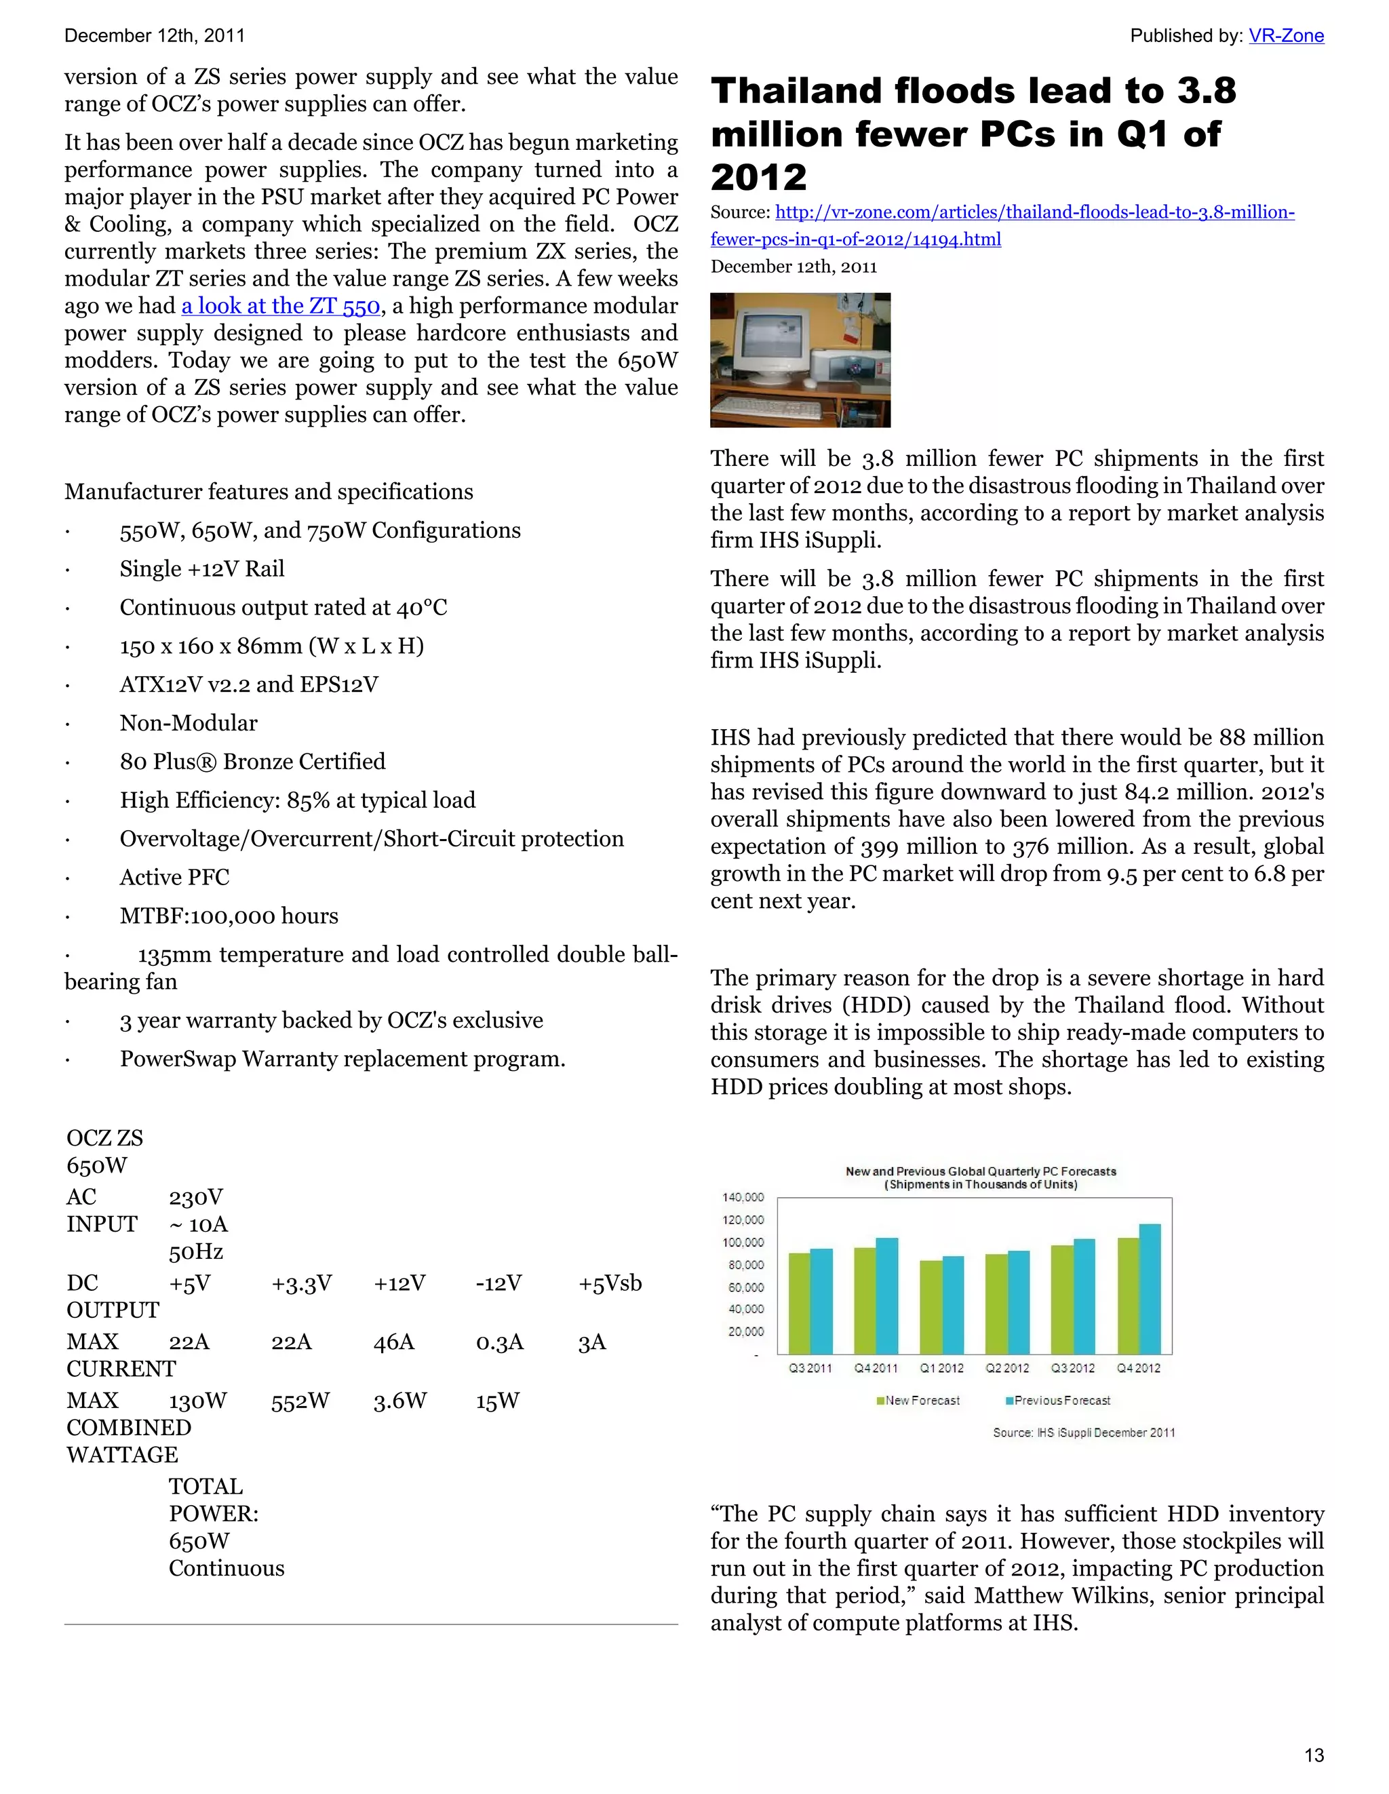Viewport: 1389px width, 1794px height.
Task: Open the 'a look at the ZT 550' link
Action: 280,306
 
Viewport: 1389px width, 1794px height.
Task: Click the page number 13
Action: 1314,1755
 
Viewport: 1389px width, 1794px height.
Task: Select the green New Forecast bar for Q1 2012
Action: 931,1307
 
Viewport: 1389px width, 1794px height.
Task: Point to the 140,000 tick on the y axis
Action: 743,1197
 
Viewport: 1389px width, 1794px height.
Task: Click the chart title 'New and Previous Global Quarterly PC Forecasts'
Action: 981,1171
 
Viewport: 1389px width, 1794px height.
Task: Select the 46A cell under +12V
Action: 393,1342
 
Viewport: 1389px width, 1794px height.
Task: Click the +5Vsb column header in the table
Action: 610,1283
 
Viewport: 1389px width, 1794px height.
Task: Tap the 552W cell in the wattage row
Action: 300,1401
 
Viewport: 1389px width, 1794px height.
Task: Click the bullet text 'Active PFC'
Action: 174,877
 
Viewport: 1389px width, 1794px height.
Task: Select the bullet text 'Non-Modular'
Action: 188,723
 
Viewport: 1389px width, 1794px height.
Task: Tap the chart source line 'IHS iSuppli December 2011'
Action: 1083,1432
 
